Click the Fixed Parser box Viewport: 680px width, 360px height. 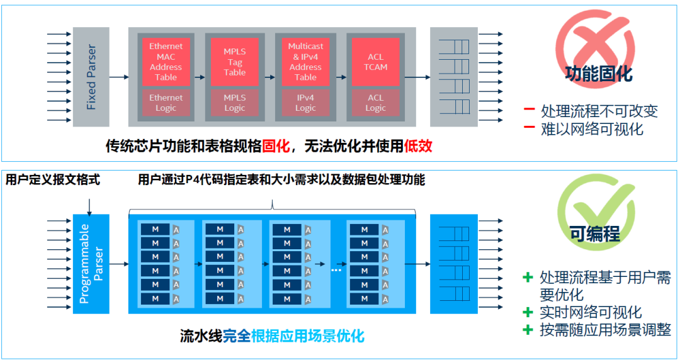[91, 77]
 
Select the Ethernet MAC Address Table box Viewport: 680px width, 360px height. [166, 61]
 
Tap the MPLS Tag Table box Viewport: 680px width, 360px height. [235, 61]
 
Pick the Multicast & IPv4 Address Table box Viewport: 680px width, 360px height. [305, 61]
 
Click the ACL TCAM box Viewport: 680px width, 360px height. [376, 61]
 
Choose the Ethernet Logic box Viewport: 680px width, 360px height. [166, 103]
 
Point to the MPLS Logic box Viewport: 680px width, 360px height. [235, 103]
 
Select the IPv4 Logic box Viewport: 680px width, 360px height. [305, 103]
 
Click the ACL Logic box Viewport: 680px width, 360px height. [376, 103]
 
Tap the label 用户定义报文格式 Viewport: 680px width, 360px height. [53, 180]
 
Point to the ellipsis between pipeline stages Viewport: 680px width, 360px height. [336, 269]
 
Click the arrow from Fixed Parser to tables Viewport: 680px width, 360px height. [118, 77]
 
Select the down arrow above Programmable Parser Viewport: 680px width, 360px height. [90, 205]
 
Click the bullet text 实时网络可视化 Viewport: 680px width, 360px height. [591, 312]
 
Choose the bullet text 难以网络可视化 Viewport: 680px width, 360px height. [592, 129]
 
